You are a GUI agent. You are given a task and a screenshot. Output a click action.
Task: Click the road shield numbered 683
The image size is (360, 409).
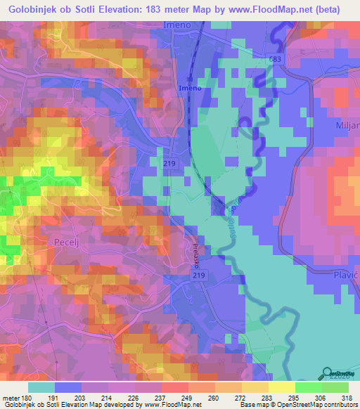tap(275, 60)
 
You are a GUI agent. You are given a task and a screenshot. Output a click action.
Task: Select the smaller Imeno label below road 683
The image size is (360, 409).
tap(189, 88)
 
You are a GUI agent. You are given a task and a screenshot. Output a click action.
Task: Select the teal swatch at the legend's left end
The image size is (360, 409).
tap(41, 387)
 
